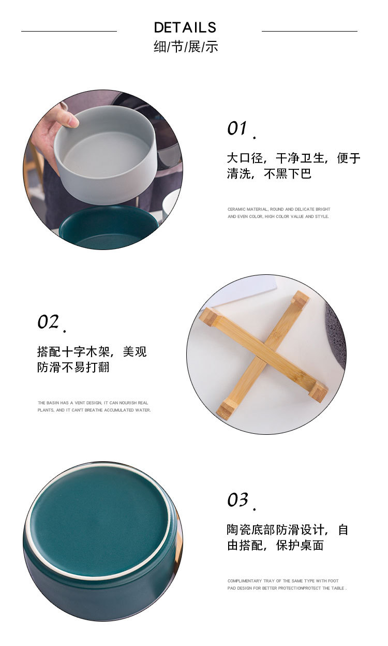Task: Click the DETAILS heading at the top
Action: (x=185, y=27)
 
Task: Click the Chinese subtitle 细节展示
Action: (x=186, y=47)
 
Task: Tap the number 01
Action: (x=237, y=128)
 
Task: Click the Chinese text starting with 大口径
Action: (x=293, y=166)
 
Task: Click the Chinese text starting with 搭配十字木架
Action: (x=92, y=359)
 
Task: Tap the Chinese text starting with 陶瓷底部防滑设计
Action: (x=288, y=537)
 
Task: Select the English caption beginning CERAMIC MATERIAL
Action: (x=278, y=213)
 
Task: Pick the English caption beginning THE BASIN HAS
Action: (x=94, y=406)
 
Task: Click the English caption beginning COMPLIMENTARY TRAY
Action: (x=287, y=584)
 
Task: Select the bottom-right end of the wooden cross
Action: (x=318, y=392)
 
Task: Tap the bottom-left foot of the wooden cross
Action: (x=225, y=410)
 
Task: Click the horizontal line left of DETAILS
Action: (x=69, y=31)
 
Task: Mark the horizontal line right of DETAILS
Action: (x=309, y=31)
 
